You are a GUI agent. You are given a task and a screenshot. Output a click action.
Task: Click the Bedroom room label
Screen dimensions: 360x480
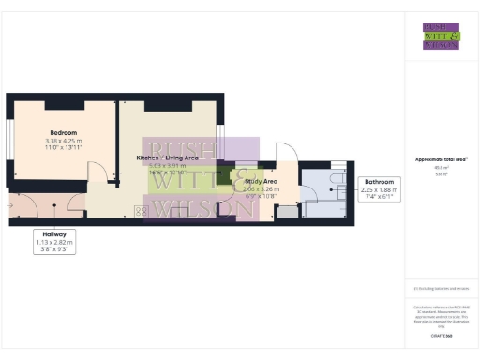click(63, 133)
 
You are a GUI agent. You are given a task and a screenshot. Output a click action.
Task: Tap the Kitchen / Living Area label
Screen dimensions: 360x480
click(168, 157)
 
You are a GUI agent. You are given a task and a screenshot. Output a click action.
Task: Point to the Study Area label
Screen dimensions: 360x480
click(260, 180)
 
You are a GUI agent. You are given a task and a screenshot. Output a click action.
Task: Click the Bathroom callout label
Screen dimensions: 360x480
click(379, 181)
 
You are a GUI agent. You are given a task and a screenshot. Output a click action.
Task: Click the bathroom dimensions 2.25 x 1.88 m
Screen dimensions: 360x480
click(379, 190)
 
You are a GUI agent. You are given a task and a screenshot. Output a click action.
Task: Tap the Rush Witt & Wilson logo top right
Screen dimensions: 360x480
click(441, 35)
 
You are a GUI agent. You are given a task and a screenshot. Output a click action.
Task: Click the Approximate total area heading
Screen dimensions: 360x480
click(441, 159)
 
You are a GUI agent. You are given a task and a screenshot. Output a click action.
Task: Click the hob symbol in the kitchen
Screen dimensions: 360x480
click(142, 213)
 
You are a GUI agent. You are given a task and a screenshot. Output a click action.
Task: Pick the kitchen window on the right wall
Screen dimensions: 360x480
click(221, 137)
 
